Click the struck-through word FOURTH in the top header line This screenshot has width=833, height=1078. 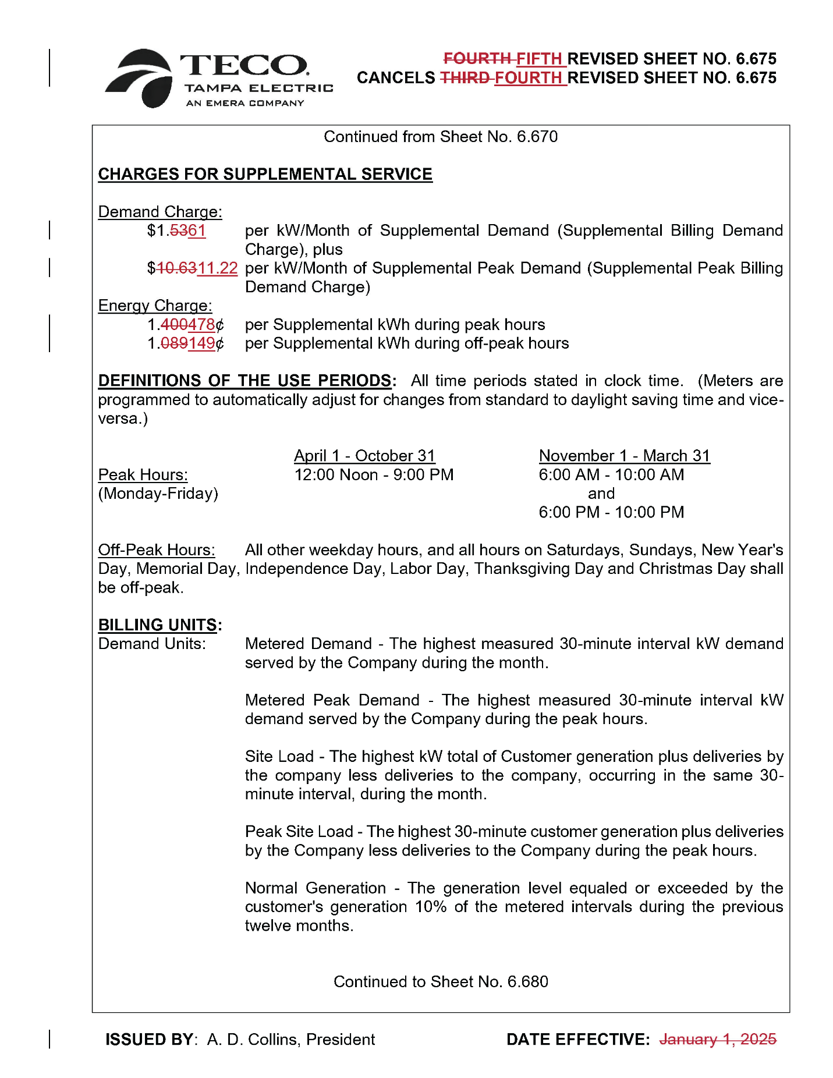pyautogui.click(x=477, y=59)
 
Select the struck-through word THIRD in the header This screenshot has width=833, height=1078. pyautogui.click(x=464, y=77)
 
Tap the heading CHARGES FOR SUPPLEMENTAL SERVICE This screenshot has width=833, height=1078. pyautogui.click(x=265, y=174)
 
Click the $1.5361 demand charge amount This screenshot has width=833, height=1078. pyautogui.click(x=176, y=231)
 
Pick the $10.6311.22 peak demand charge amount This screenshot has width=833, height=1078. pyautogui.click(x=193, y=268)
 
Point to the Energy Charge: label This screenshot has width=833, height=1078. pyautogui.click(x=155, y=306)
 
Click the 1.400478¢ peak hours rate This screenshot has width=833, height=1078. pyautogui.click(x=186, y=325)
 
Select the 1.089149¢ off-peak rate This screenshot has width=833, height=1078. pyautogui.click(x=186, y=343)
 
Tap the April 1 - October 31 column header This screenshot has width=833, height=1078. pyautogui.click(x=364, y=456)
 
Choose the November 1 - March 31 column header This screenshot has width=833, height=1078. pyautogui.click(x=624, y=456)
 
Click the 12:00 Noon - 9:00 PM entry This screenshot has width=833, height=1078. pyautogui.click(x=374, y=475)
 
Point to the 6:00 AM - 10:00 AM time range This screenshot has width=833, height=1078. pyautogui.click(x=611, y=475)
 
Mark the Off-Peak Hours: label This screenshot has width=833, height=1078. pyautogui.click(x=157, y=550)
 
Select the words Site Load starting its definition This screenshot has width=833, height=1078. pyautogui.click(x=279, y=757)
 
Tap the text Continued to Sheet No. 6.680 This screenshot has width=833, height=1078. pyautogui.click(x=441, y=982)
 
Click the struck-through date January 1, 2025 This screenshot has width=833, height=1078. pyautogui.click(x=717, y=1040)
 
